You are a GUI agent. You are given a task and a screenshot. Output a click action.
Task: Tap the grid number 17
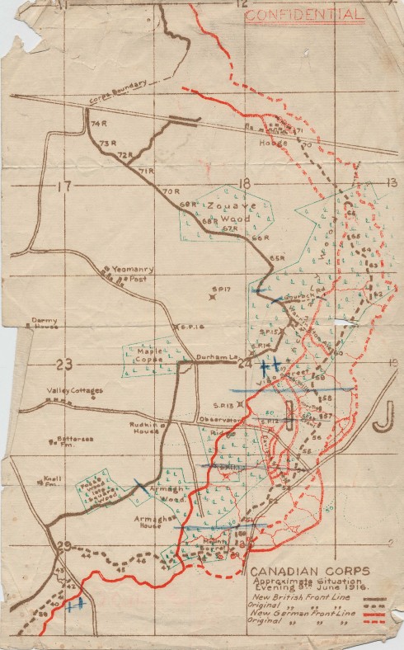pyautogui.click(x=64, y=186)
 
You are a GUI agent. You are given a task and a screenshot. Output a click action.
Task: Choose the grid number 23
pyautogui.click(x=63, y=364)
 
